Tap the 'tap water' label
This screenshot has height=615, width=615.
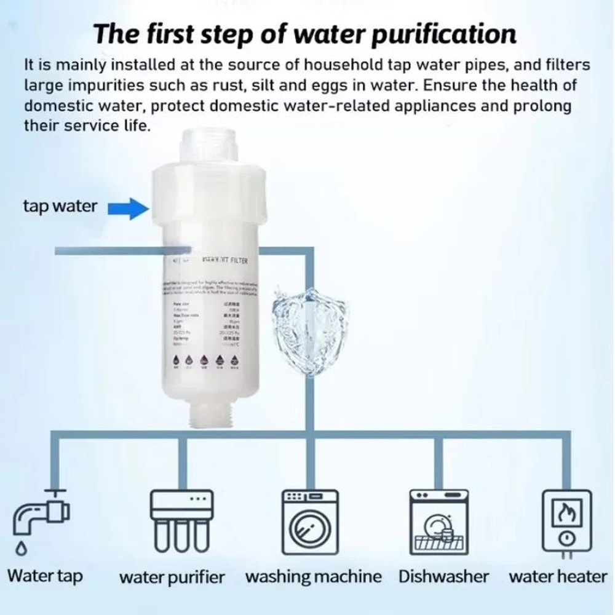point(60,206)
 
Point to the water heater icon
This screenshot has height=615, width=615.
point(566,520)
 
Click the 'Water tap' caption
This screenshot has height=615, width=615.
point(45,576)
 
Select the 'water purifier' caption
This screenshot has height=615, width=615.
point(172,577)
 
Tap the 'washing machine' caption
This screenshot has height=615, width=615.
point(313,577)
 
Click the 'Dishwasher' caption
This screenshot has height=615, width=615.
point(443,576)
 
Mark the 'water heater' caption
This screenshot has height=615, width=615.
point(558,576)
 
